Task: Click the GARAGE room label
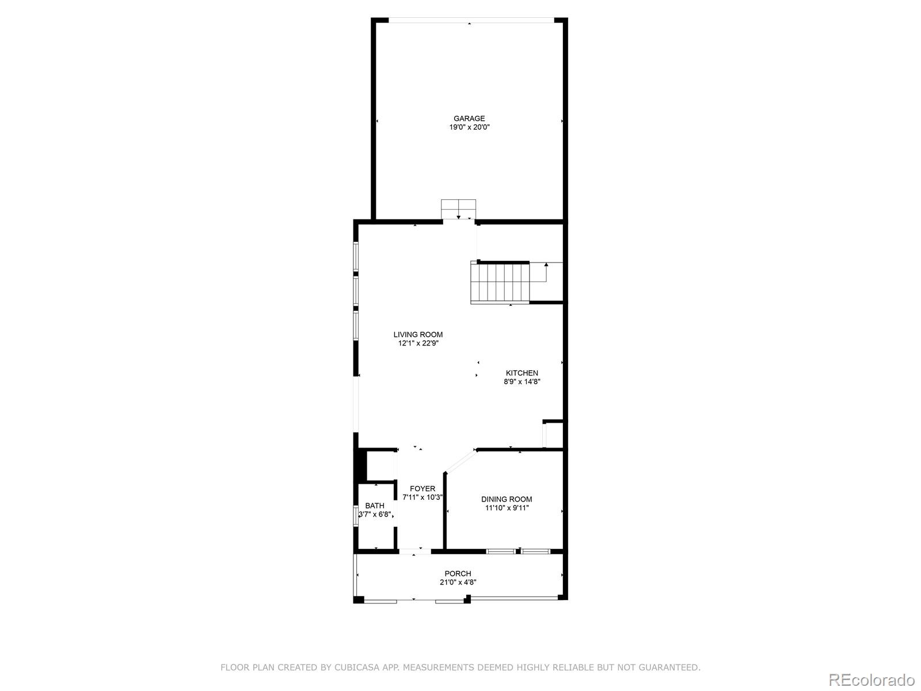click(469, 119)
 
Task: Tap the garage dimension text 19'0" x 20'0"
click(469, 127)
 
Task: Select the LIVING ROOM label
click(418, 335)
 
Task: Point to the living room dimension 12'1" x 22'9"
click(418, 343)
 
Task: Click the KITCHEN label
click(522, 373)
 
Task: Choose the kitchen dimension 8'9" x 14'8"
click(522, 381)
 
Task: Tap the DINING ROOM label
click(507, 499)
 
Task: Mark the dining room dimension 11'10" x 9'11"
click(507, 508)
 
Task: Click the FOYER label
click(423, 489)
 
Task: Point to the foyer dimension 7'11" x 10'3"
click(423, 498)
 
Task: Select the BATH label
click(375, 506)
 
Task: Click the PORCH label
click(458, 574)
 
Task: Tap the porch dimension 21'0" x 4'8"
click(458, 582)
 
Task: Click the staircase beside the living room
click(500, 282)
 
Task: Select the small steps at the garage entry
click(459, 208)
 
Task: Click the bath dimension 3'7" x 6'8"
click(375, 515)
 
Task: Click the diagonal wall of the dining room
click(461, 462)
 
